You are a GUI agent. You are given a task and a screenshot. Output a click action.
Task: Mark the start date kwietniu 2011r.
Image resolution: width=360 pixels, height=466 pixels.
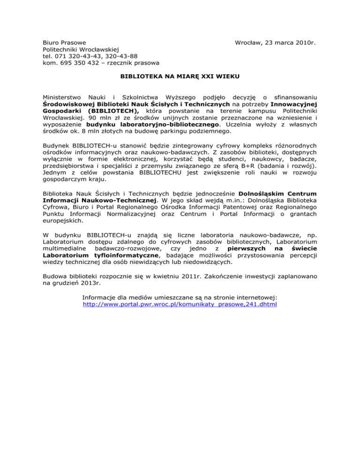[x=195, y=277]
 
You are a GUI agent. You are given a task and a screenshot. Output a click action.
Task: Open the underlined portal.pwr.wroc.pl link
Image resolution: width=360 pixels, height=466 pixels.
[x=180, y=304]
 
